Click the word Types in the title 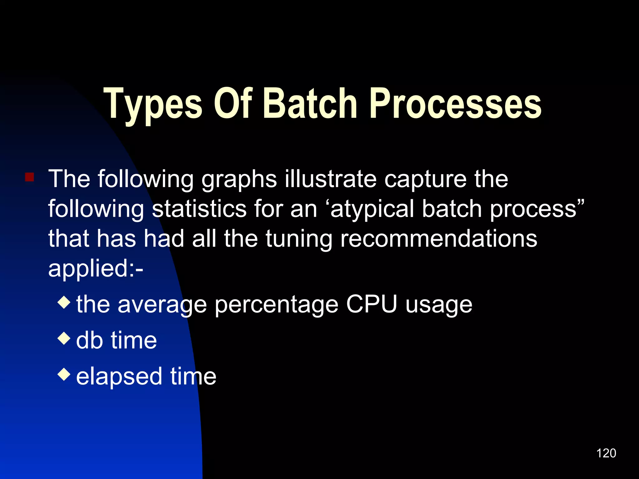153,104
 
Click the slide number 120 606,453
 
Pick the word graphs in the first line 239,180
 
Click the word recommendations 438,239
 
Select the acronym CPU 372,304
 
